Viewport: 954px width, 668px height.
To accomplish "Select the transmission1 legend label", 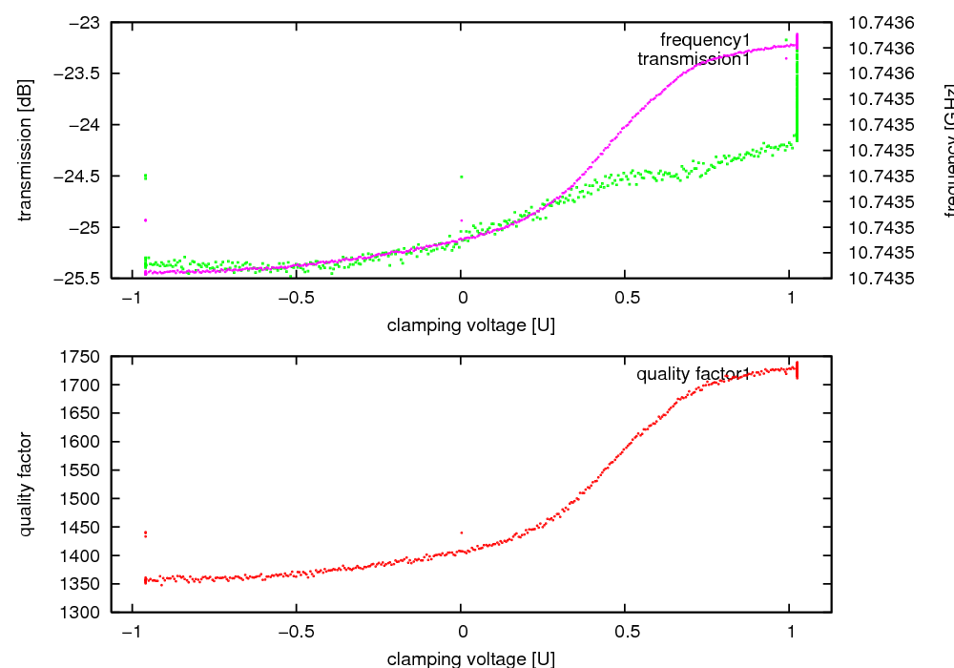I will coord(694,59).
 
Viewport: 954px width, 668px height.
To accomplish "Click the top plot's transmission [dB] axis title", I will coord(26,150).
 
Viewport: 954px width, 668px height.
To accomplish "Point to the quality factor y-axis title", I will coord(26,484).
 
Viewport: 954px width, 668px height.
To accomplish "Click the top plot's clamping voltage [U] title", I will coord(470,325).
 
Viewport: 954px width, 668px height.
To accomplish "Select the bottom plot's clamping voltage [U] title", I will coord(470,658).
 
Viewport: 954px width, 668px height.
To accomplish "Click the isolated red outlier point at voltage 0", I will coord(462,532).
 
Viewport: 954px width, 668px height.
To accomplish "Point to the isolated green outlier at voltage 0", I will coord(462,177).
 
